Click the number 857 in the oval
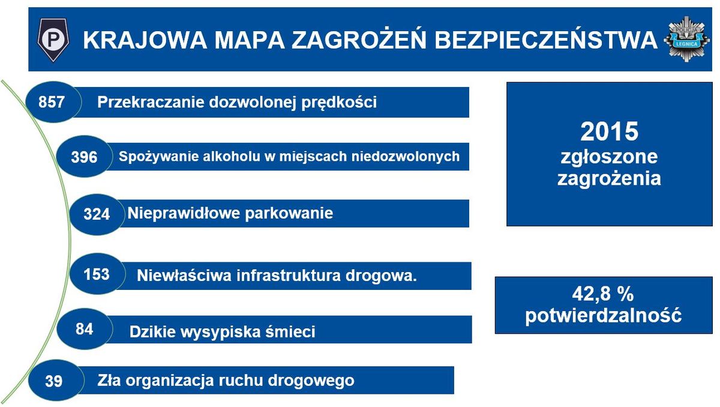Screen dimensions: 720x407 coord(52,102)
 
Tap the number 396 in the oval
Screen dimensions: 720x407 coord(84,157)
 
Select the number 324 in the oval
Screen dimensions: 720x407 coord(97,214)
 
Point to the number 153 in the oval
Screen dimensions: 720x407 coord(97,274)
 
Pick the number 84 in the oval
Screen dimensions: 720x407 coord(84,329)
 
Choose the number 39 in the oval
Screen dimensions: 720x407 coord(53,381)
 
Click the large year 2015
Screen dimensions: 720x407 coord(609,131)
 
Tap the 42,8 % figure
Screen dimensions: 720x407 coord(602,294)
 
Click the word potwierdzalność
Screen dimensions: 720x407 coord(604,316)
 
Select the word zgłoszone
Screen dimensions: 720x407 coord(609,157)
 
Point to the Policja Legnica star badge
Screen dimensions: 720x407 coord(687,39)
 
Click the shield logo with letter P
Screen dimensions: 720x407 coord(53,40)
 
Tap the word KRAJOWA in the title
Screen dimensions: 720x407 coord(145,40)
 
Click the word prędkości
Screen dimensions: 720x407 coord(339,103)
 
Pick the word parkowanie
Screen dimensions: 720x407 coord(289,214)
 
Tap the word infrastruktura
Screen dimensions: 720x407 coord(288,276)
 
